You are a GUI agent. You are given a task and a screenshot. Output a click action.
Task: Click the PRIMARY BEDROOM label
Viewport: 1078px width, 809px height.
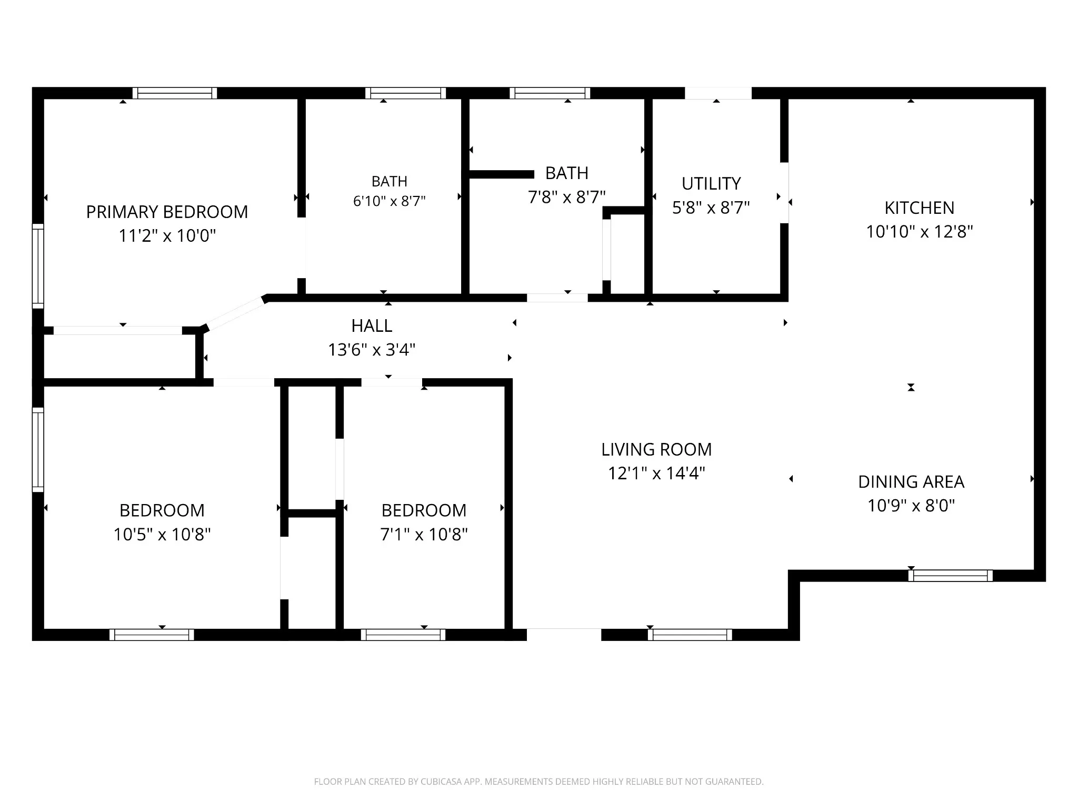(167, 212)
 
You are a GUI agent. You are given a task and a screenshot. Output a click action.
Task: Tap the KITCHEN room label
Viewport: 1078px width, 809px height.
(919, 208)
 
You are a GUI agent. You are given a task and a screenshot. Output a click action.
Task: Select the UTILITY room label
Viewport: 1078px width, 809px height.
(711, 184)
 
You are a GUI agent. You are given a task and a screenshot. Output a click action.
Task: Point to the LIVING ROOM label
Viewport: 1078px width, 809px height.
(656, 450)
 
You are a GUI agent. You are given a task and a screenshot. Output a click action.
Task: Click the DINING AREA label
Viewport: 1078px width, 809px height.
(911, 482)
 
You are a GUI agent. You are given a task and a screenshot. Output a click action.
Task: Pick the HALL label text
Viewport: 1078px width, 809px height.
(372, 326)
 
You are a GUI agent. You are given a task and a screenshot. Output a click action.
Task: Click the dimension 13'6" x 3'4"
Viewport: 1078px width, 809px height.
(372, 350)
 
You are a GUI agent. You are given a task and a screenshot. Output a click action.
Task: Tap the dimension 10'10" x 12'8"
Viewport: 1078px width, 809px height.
(920, 232)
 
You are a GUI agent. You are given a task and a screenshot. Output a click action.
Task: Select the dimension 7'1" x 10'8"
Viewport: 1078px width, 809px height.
(424, 535)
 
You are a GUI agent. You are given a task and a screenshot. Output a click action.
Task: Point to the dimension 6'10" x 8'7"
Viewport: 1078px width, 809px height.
(389, 201)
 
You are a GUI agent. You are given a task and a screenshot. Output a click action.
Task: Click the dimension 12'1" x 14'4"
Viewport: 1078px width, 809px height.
(656, 473)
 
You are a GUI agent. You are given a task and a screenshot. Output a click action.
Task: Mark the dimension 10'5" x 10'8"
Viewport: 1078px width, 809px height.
(162, 535)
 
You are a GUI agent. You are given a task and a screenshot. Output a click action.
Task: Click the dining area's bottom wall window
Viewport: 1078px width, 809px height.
(951, 576)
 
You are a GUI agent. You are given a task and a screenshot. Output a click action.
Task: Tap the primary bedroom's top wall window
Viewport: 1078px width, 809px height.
(175, 93)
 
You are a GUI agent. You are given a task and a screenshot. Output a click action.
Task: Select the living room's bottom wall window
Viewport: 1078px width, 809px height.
(690, 635)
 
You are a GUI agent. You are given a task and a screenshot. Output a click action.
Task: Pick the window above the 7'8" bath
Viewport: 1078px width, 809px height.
(550, 93)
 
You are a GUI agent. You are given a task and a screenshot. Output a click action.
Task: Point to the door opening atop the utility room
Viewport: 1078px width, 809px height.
(718, 93)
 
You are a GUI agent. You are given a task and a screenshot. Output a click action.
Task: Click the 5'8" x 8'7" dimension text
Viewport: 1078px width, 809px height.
(711, 208)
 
